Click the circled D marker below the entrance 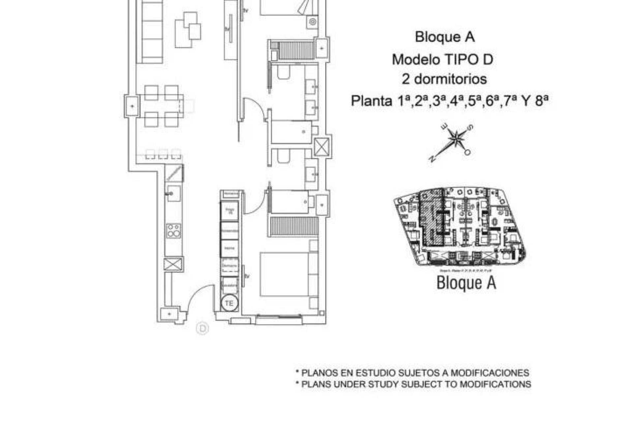202,329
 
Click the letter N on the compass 432,159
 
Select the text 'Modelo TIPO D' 442,60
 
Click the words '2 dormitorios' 444,79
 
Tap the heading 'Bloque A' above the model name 444,37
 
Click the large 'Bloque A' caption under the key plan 466,283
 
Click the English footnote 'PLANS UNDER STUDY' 416,384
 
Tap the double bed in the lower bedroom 284,274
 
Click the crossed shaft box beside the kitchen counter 174,264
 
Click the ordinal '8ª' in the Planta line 542,101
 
